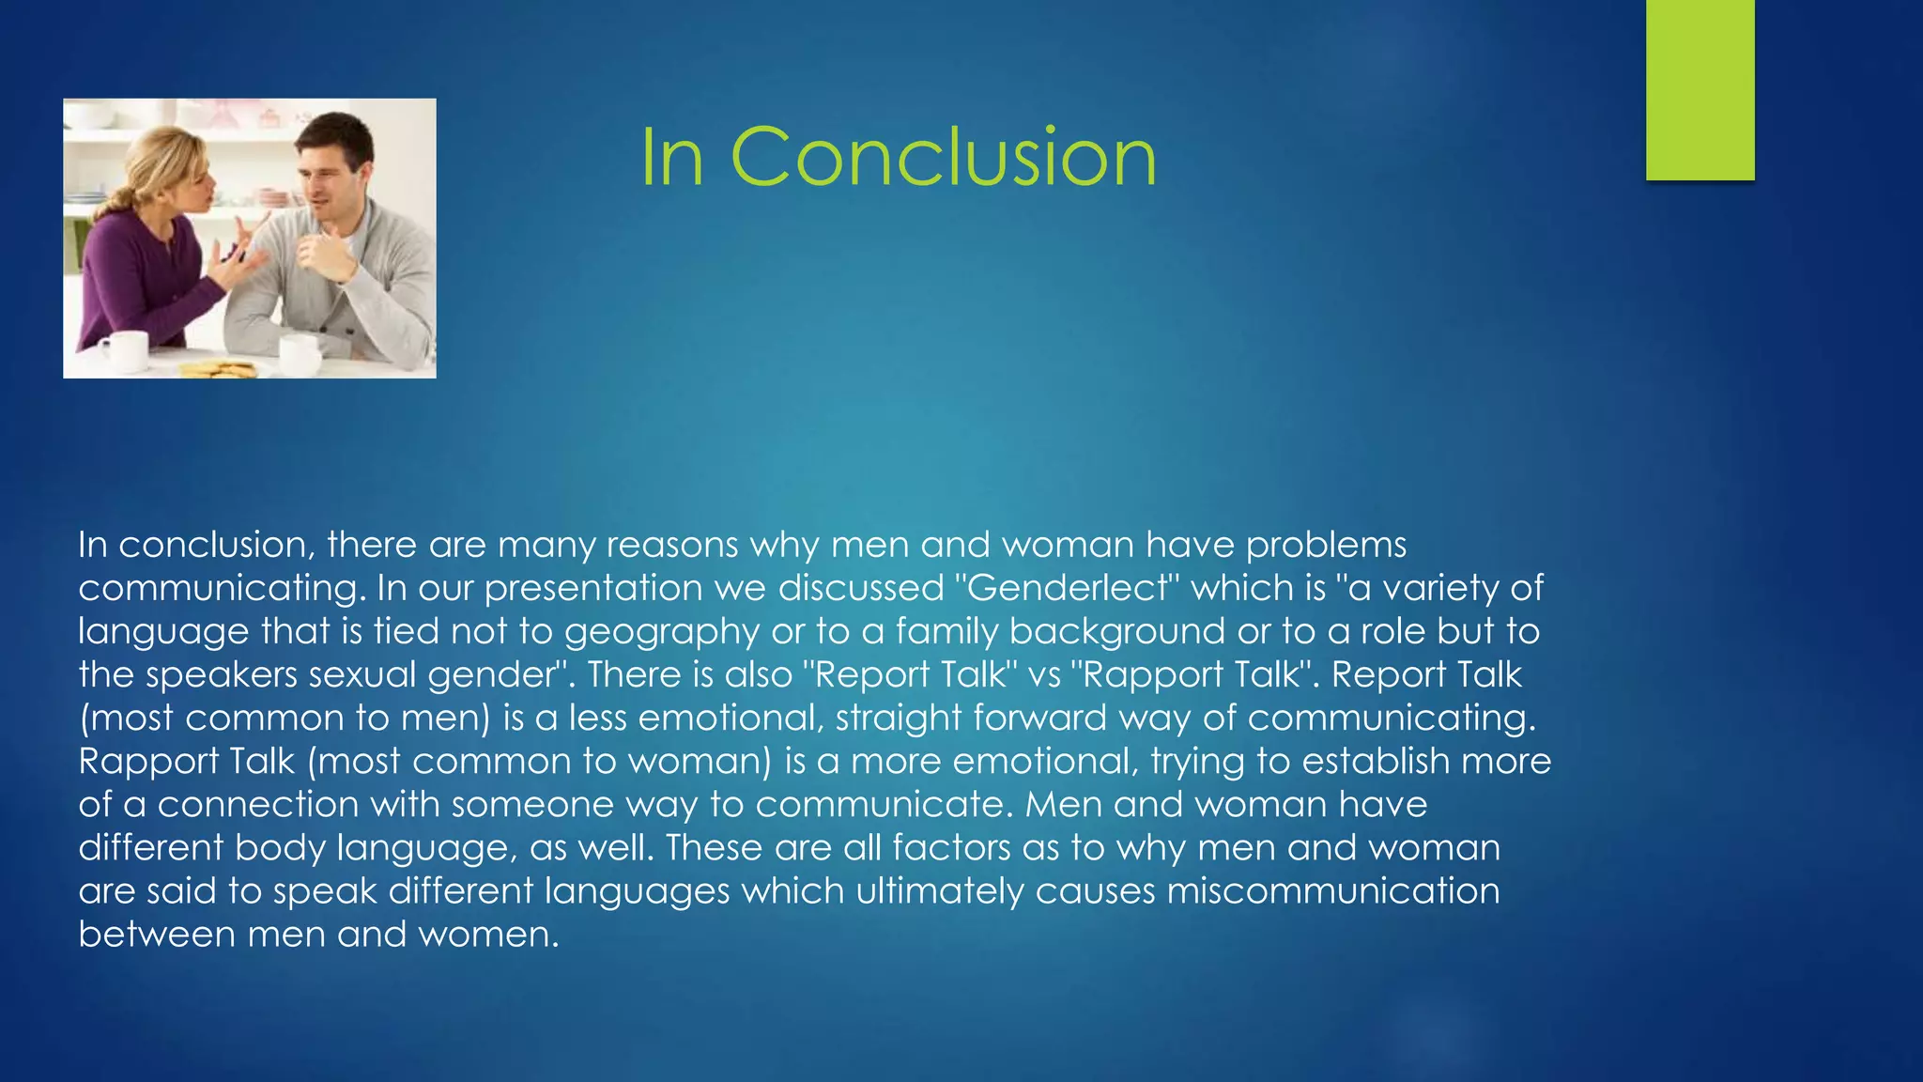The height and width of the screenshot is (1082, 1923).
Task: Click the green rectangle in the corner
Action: [x=1700, y=89]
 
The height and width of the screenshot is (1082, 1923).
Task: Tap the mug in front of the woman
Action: [x=124, y=349]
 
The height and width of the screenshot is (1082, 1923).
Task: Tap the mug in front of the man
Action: [x=301, y=353]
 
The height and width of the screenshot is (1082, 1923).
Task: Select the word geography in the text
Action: [x=661, y=631]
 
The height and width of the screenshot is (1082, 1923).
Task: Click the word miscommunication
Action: [x=1332, y=890]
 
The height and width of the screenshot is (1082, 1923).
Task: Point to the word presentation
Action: [x=592, y=588]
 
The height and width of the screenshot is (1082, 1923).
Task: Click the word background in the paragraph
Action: [x=1116, y=631]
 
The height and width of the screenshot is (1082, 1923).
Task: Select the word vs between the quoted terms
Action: [x=1043, y=674]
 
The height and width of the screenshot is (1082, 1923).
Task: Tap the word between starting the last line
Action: [x=156, y=934]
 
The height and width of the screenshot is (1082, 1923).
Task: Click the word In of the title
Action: [x=672, y=157]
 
